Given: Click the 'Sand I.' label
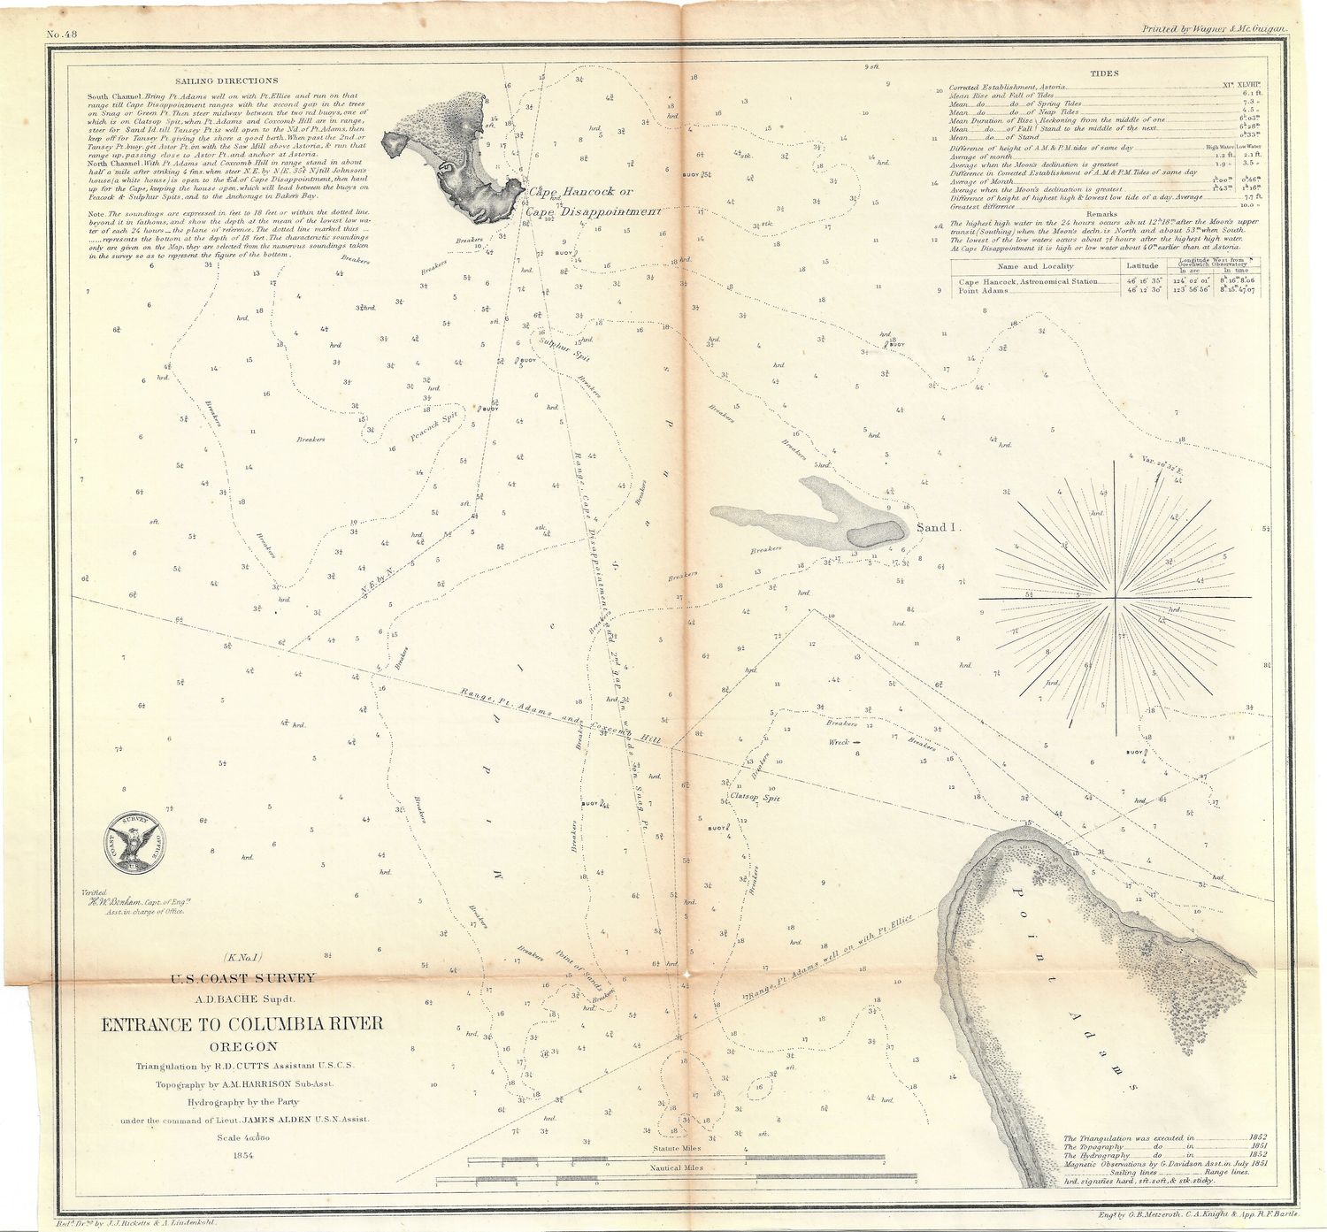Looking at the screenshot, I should [936, 528].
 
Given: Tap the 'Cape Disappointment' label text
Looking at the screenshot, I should [593, 212].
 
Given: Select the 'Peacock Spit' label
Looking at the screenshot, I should [433, 429].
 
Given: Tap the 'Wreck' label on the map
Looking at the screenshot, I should [839, 742].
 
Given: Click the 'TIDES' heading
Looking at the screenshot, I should [1104, 74].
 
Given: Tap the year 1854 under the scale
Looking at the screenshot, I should [242, 1155].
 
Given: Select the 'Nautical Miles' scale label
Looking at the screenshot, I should [677, 1167].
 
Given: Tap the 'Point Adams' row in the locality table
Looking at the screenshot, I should [983, 290].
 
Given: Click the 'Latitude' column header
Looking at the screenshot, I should [1142, 265].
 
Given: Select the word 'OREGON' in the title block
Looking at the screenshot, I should [242, 1047].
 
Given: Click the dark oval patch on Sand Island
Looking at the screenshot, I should [874, 532].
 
